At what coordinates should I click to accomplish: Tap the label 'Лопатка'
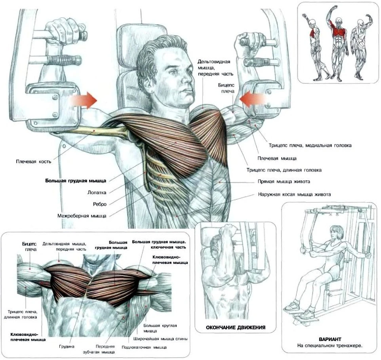(x=97, y=193)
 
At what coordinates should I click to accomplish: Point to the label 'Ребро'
(x=99, y=204)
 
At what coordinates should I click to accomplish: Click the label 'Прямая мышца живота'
(x=284, y=182)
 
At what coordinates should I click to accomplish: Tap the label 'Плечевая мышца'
(x=277, y=158)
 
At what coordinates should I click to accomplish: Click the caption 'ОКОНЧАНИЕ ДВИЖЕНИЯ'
(x=235, y=328)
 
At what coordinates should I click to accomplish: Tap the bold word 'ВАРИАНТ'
(x=330, y=339)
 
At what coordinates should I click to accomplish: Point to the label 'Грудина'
(x=67, y=347)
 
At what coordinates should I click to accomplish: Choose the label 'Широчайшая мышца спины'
(x=160, y=339)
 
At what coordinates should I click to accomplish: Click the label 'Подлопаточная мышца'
(x=150, y=347)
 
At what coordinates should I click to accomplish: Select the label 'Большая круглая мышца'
(x=160, y=328)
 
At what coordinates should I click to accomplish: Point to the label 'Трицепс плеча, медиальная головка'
(x=310, y=146)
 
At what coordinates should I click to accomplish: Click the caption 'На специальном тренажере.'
(x=330, y=346)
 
